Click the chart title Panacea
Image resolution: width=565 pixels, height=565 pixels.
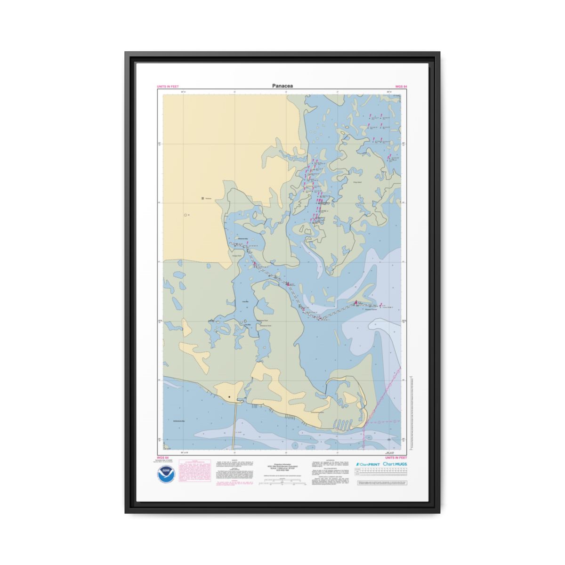point(282,86)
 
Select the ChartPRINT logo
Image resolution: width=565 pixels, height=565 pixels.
point(368,464)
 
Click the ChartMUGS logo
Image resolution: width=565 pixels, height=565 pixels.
point(395,464)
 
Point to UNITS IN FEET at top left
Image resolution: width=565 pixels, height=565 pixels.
point(168,87)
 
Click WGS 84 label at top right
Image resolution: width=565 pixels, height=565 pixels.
point(401,87)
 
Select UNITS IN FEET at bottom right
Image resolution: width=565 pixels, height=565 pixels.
point(396,458)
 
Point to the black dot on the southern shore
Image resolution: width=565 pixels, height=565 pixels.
point(229,397)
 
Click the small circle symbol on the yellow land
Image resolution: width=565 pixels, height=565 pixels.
point(185,215)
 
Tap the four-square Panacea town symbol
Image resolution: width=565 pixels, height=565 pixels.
point(202,199)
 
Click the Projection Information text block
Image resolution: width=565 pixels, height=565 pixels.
point(282,467)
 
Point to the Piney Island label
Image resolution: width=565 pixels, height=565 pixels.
point(356,182)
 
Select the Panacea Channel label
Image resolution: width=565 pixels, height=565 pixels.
point(371,309)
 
